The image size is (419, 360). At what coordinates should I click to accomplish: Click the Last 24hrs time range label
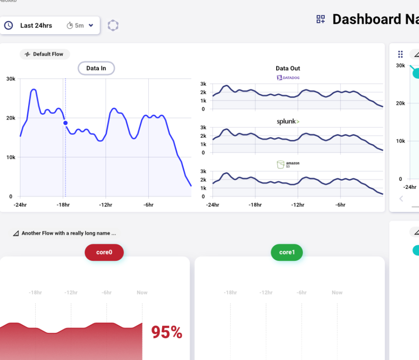36,26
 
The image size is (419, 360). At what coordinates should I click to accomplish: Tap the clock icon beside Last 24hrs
8,26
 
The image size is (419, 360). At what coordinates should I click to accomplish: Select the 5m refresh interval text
79,26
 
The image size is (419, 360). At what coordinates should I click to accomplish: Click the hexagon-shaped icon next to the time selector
113,26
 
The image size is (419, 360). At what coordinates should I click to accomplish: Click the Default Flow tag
45,54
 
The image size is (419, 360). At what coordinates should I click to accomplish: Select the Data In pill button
96,68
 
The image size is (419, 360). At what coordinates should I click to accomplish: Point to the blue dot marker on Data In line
65,123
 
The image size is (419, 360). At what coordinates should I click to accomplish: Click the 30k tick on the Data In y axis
11,79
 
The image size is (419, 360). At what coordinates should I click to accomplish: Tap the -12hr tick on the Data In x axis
106,205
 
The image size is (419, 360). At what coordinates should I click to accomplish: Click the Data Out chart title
288,68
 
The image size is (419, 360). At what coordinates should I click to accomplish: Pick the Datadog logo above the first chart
288,77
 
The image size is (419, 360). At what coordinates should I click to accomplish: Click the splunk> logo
288,122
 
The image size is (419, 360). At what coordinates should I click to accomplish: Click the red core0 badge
104,252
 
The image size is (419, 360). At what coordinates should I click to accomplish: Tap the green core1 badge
287,252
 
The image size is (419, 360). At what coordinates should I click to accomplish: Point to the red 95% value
166,332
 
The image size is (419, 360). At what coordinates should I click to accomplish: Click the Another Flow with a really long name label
68,233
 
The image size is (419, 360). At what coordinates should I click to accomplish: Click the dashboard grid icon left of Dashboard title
321,19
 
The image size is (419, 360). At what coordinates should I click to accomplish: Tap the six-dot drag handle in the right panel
400,54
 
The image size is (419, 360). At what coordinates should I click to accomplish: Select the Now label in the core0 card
142,293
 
